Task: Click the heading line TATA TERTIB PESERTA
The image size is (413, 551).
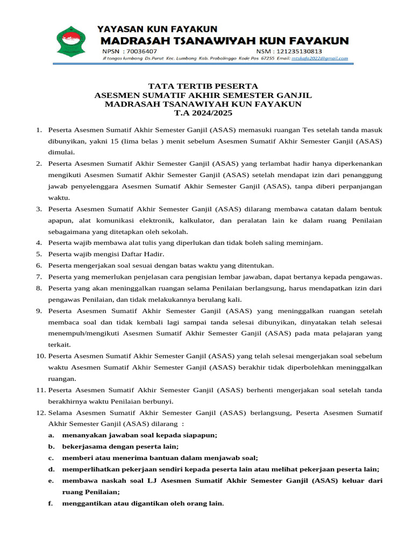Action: [203, 86]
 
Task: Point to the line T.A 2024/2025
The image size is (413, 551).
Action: [203, 114]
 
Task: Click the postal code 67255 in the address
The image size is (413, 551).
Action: [267, 58]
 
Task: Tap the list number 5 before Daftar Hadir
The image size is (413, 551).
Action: [39, 254]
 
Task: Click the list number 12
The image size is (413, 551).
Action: [40, 413]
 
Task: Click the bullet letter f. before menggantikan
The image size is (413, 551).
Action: [51, 504]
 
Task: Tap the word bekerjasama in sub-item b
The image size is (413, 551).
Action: [83, 447]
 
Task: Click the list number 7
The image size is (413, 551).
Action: [39, 277]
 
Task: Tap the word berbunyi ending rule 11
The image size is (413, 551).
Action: [158, 401]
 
